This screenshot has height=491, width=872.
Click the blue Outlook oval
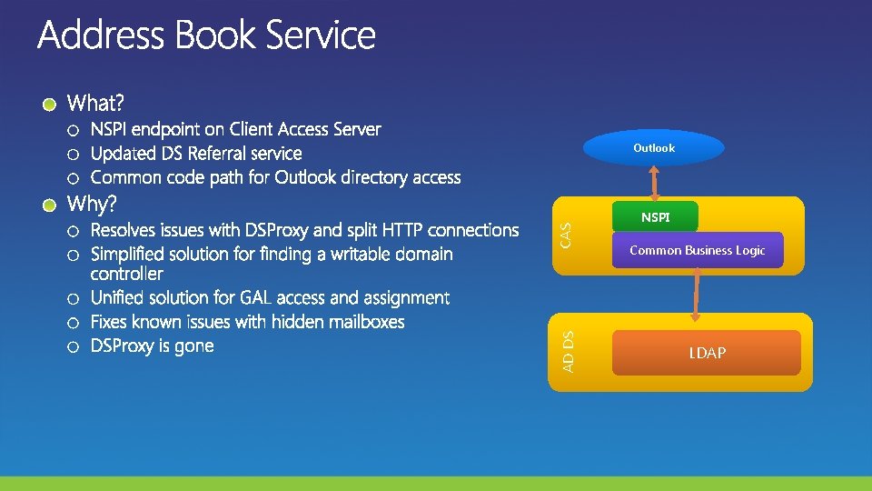pos(654,148)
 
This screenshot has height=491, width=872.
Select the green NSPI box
pos(655,218)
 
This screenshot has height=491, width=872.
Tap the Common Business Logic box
pos(697,250)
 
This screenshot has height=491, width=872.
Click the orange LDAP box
pos(707,353)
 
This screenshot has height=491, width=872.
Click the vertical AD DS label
pos(568,352)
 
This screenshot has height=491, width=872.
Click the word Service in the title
pos(322,36)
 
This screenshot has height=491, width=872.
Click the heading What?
pos(98,101)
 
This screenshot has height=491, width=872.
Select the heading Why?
pos(94,202)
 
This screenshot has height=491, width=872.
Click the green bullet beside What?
pos(53,103)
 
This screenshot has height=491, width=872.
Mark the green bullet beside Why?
pos(53,204)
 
